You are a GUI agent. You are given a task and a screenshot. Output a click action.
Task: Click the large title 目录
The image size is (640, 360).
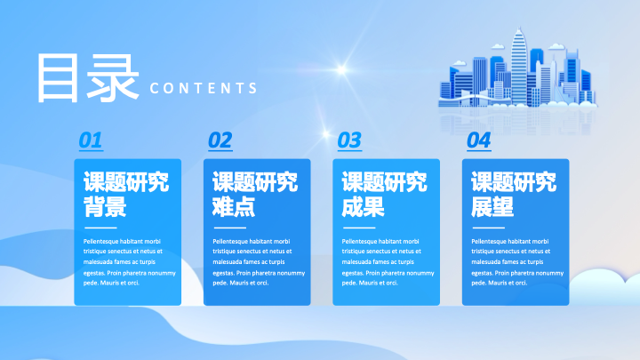pyautogui.click(x=88, y=78)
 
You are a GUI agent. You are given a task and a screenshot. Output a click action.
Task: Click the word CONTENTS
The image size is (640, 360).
pyautogui.click(x=204, y=88)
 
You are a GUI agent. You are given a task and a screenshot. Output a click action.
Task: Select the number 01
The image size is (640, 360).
pyautogui.click(x=91, y=140)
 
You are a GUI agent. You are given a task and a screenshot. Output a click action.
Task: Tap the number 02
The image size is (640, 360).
pyautogui.click(x=220, y=140)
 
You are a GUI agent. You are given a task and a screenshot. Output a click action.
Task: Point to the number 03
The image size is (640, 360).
pyautogui.click(x=349, y=140)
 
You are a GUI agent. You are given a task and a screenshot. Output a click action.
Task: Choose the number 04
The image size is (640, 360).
pyautogui.click(x=479, y=140)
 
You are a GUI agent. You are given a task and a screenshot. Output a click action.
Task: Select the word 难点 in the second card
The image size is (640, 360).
pyautogui.click(x=234, y=206)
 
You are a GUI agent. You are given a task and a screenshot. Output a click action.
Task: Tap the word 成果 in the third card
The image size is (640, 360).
pyautogui.click(x=364, y=206)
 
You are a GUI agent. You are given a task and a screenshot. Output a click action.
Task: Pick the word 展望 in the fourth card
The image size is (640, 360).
pyautogui.click(x=492, y=206)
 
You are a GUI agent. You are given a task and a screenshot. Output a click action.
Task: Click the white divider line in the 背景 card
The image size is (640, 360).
pyautogui.click(x=100, y=228)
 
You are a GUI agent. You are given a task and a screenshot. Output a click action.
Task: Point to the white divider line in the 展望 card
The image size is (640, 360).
pyautogui.click(x=488, y=228)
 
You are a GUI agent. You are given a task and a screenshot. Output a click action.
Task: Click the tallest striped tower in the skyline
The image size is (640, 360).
pyautogui.click(x=519, y=67)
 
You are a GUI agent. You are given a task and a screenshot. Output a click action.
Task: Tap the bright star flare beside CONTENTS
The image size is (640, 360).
pyautogui.click(x=341, y=70)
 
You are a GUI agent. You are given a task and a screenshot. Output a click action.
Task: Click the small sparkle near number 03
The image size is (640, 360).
pyautogui.click(x=325, y=133)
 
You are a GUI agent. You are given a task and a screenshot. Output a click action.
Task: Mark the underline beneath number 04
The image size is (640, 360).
pyautogui.click(x=479, y=150)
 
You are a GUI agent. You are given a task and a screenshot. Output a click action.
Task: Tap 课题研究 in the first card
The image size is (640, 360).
pyautogui.click(x=126, y=181)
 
